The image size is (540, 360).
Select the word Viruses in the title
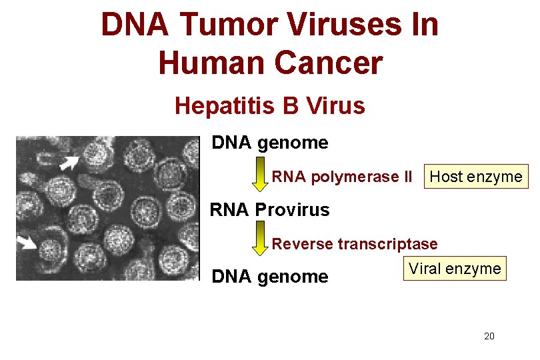(337, 25)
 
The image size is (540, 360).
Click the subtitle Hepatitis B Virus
(269, 105)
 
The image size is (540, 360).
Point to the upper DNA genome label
(269, 143)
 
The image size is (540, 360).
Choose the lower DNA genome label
(269, 276)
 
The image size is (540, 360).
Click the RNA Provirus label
(269, 210)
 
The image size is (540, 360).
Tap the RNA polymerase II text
(342, 177)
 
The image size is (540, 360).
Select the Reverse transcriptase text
(354, 244)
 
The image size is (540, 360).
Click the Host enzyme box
(476, 177)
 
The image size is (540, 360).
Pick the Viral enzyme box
(455, 269)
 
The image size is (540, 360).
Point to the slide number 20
(489, 336)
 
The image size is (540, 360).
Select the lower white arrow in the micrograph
(28, 243)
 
